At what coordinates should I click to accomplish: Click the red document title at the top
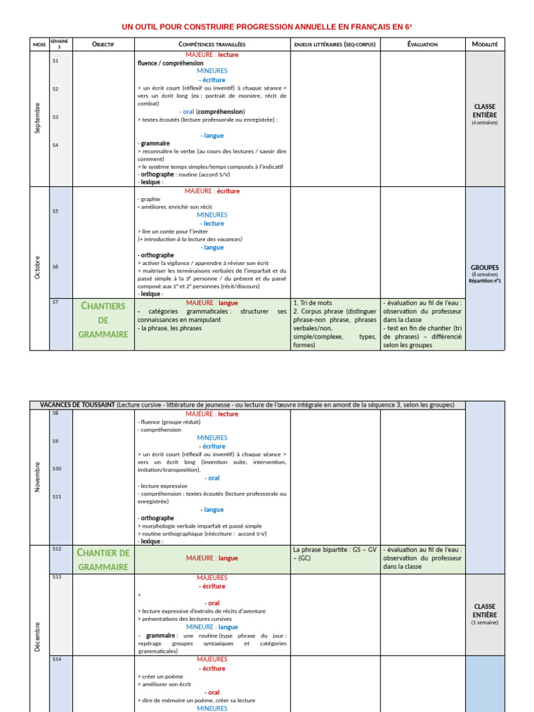tap(267, 27)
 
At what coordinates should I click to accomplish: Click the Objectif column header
tap(103, 44)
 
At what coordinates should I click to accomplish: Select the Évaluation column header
tap(422, 44)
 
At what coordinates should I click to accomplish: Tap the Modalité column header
tap(485, 44)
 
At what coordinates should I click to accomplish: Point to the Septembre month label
tap(38, 118)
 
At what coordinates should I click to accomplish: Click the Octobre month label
tap(38, 268)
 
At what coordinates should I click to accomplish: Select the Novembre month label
tap(38, 477)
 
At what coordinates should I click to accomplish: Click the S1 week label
tap(56, 61)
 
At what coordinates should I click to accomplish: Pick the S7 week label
tap(56, 302)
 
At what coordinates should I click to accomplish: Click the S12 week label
tap(56, 549)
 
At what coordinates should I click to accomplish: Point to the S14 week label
tap(56, 659)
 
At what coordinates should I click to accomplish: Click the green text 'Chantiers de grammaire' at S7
tap(103, 320)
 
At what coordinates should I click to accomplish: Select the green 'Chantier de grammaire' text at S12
tap(104, 560)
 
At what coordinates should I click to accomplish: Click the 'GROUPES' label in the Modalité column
tap(485, 267)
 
